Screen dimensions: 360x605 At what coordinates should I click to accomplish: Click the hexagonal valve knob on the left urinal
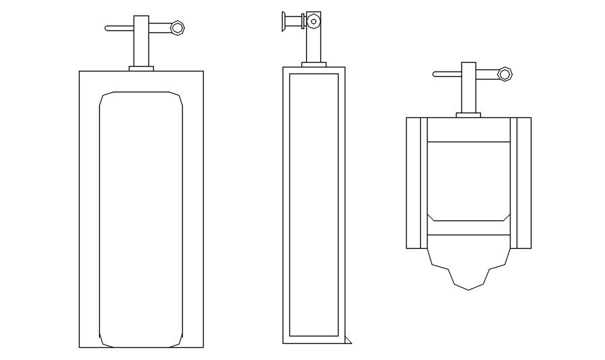[x=177, y=27]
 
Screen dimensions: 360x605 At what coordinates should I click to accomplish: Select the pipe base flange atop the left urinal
[x=141, y=68]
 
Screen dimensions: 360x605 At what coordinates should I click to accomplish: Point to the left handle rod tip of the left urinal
[x=108, y=28]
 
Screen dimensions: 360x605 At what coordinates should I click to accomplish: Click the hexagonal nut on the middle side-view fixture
[x=312, y=22]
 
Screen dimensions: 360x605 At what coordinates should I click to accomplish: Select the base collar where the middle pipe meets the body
[x=314, y=64]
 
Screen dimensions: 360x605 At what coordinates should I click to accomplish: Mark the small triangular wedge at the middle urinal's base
[x=347, y=340]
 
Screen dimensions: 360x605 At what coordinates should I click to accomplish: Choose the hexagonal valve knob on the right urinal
[x=505, y=73]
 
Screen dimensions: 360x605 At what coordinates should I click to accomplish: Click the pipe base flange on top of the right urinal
[x=468, y=115]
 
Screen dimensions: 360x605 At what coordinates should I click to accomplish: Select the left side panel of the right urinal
[x=414, y=183]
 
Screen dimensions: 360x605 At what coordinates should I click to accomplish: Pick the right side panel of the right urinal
[x=522, y=183]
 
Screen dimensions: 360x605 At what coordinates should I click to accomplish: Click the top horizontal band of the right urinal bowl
[x=468, y=129]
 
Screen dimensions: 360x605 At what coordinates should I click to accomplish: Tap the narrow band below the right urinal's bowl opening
[x=468, y=228]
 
